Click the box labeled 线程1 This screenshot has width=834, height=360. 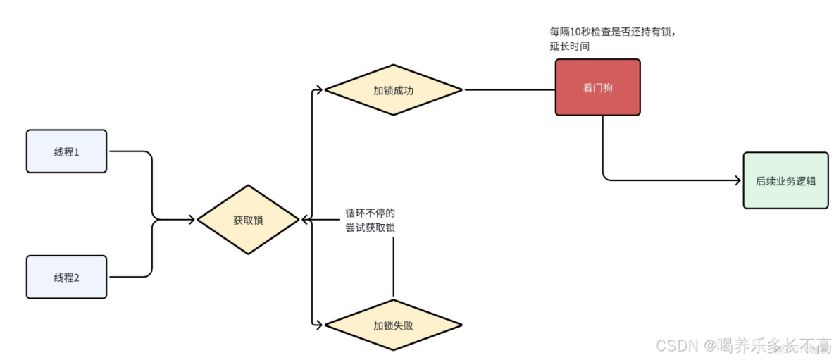pos(66,151)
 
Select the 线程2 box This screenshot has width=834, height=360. pos(66,277)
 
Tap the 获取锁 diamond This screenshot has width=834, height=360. pos(248,220)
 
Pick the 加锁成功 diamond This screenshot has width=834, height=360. pos(393,90)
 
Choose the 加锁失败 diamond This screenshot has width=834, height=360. pos(393,325)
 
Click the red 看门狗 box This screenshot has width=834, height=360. pos(597,87)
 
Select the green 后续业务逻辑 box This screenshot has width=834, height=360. pos(785,180)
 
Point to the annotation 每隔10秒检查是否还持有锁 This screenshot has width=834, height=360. pos(617,32)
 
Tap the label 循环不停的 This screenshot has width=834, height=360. pos(370,212)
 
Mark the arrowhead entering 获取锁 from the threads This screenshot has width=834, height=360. pos(190,220)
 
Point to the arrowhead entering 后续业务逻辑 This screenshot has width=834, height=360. pos(737,180)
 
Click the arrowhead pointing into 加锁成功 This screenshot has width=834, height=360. pos(319,90)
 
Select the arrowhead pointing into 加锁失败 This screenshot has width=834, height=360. pos(319,325)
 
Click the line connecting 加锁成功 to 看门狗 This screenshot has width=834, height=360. pos(509,90)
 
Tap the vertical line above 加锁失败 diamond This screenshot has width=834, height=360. pos(393,268)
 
